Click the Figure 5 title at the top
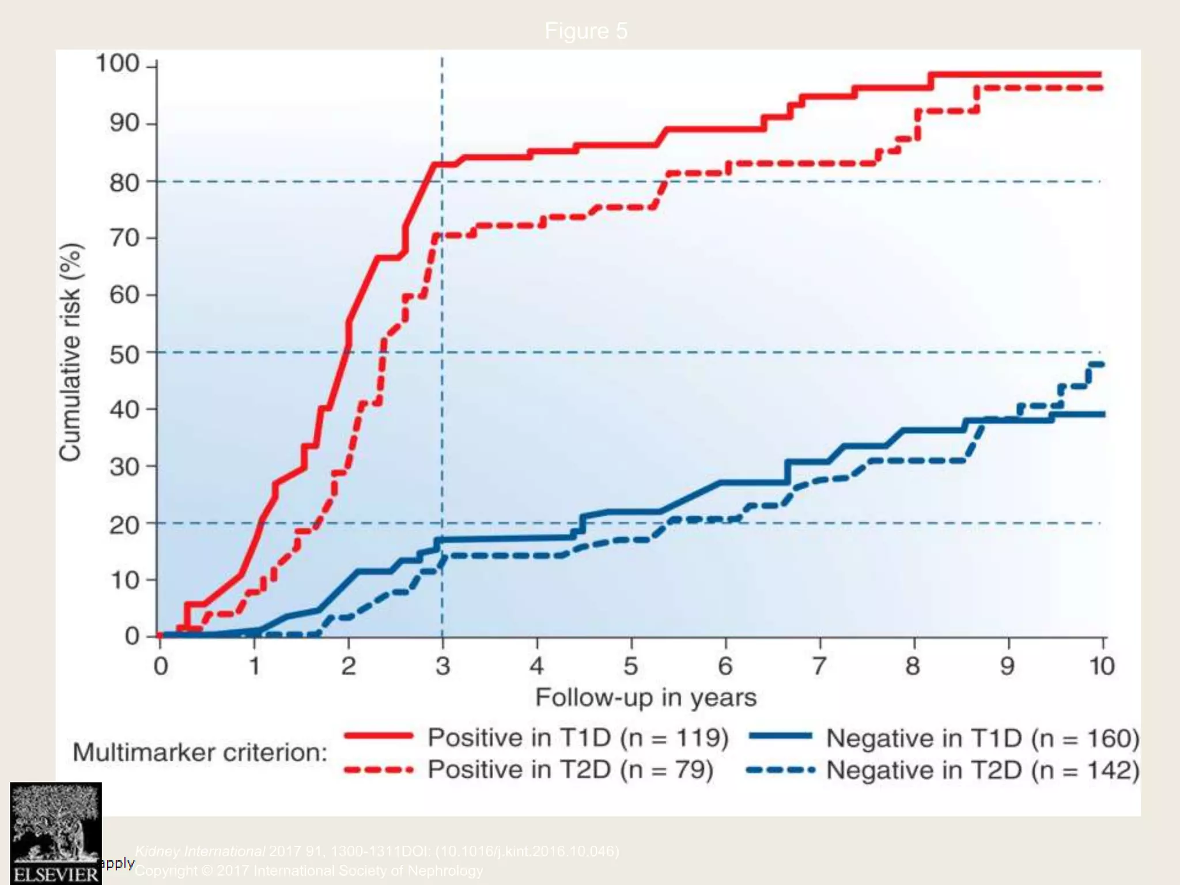[x=585, y=31]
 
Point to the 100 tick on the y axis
[x=118, y=64]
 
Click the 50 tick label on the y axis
[x=124, y=353]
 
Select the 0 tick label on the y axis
[x=132, y=636]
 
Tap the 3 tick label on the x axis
[x=442, y=667]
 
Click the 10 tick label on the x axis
[x=1102, y=667]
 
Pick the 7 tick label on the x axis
[x=819, y=667]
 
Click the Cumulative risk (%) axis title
[x=70, y=352]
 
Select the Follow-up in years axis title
[x=645, y=698]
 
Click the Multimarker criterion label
[x=200, y=752]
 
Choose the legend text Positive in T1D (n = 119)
[x=578, y=737]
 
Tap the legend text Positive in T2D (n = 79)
[x=570, y=770]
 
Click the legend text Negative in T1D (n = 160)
[x=982, y=738]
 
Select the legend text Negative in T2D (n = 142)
[x=982, y=770]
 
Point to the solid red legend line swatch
[x=379, y=736]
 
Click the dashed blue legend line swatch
[x=780, y=769]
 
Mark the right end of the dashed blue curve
[x=1101, y=364]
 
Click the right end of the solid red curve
[x=1100, y=75]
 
